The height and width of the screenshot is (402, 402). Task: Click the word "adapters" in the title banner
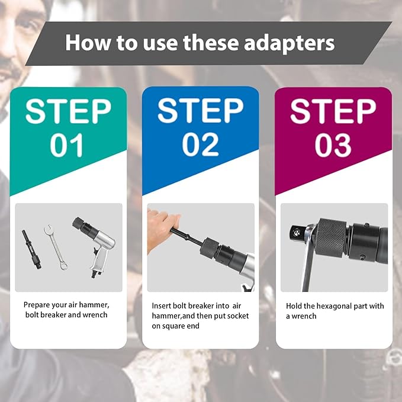point(289,43)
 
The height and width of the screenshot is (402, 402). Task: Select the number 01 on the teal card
point(67,145)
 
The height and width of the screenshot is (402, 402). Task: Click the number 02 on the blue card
point(200,144)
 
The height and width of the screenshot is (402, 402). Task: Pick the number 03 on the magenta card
point(333,145)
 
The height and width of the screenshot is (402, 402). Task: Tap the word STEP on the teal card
point(68,111)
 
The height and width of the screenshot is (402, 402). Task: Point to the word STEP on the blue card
point(200,111)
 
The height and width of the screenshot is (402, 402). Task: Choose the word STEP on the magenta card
point(333,111)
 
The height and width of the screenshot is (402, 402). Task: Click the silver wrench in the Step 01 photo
point(56,247)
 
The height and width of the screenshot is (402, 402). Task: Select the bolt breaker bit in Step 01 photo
point(32,249)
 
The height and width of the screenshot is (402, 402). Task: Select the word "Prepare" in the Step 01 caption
point(37,305)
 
